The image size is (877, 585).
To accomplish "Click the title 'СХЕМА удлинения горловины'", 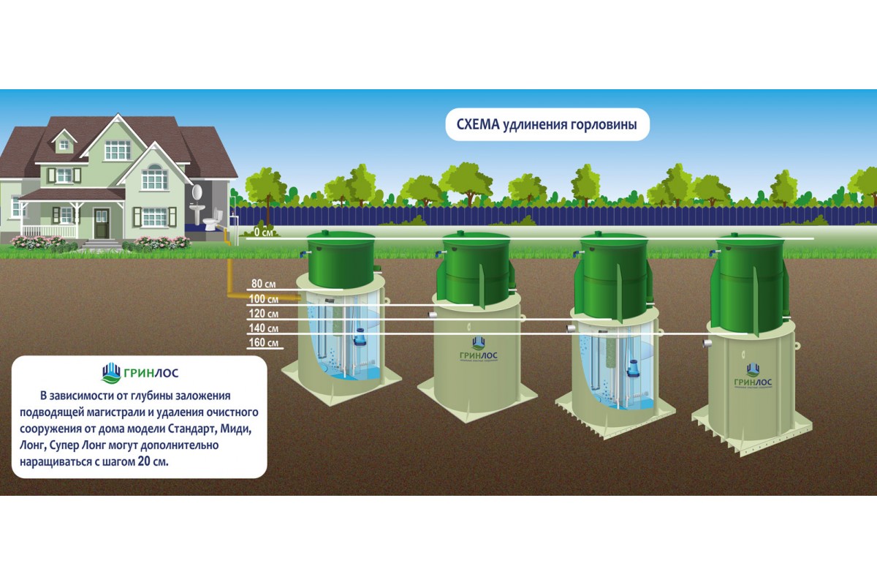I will pyautogui.click(x=547, y=125).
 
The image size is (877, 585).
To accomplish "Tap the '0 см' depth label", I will pyautogui.click(x=262, y=233).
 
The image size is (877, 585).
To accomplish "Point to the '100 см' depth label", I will pyautogui.click(x=263, y=300).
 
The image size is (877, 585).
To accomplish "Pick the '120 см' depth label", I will pyautogui.click(x=263, y=314).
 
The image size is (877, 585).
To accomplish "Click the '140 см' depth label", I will pyautogui.click(x=263, y=328).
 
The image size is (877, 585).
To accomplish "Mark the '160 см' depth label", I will pyautogui.click(x=263, y=343).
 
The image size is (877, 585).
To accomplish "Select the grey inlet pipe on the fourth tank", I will pyautogui.click(x=707, y=343).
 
